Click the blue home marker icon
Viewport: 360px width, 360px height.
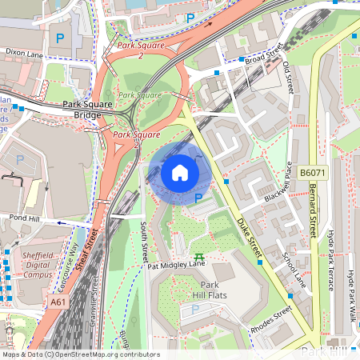coord(179,173)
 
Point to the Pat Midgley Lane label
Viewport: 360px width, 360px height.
coord(177,263)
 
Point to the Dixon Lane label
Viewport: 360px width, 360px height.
coord(23,54)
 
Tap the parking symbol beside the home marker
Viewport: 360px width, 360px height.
coord(198,198)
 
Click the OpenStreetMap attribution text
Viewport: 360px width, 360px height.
coord(80,354)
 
